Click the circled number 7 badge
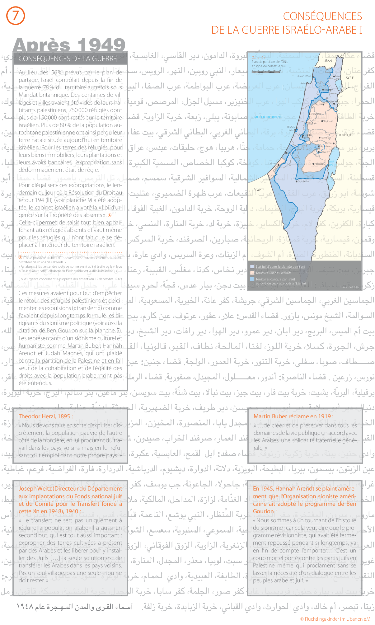coord(15,16)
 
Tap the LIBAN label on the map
coord(327,61)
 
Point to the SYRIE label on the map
coord(350,78)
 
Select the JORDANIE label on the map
coord(346,135)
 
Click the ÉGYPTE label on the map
coord(259,190)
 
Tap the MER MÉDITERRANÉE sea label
coord(269,117)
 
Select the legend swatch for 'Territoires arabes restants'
coord(252,273)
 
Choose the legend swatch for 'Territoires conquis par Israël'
coord(252,279)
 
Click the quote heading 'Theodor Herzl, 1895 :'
coord(46,416)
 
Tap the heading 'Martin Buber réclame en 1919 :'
coord(293,416)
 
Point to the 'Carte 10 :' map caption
coord(258,58)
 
